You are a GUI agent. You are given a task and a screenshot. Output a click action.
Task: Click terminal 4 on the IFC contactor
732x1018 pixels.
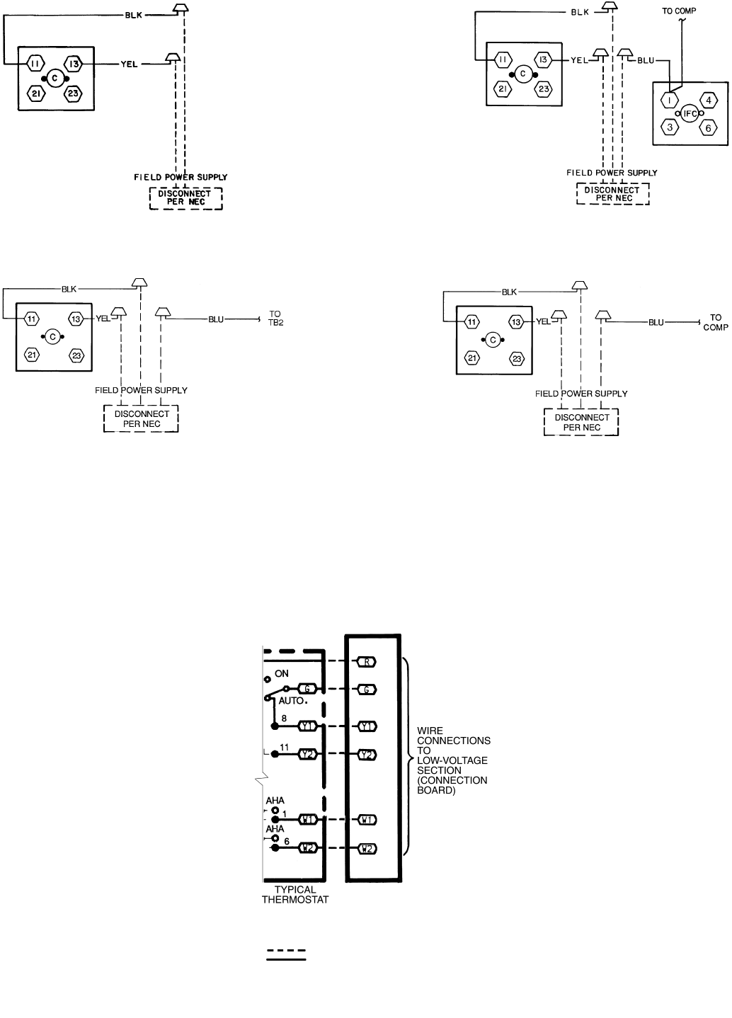coord(709,100)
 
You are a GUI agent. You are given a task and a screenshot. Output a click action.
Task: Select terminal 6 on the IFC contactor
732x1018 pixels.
coord(709,128)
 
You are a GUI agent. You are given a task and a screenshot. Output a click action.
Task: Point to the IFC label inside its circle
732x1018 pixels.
coord(690,113)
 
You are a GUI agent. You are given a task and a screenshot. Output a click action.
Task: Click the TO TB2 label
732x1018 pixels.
coord(276,317)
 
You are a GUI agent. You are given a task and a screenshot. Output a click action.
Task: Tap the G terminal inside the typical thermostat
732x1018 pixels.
coord(307,689)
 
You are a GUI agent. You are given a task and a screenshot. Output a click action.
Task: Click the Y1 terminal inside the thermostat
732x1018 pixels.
coord(307,726)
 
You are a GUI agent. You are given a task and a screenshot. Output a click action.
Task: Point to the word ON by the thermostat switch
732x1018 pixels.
coord(282,674)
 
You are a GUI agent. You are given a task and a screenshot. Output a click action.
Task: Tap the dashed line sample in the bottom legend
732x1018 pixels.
coord(286,949)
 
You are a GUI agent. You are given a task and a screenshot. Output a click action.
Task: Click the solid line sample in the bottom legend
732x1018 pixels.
coord(286,960)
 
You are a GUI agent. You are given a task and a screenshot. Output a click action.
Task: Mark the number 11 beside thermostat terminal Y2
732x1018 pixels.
coord(285,747)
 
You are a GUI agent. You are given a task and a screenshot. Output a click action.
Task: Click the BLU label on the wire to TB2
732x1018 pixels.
coord(216,319)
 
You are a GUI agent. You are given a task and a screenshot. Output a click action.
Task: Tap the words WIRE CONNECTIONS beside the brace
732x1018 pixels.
coord(454,736)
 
